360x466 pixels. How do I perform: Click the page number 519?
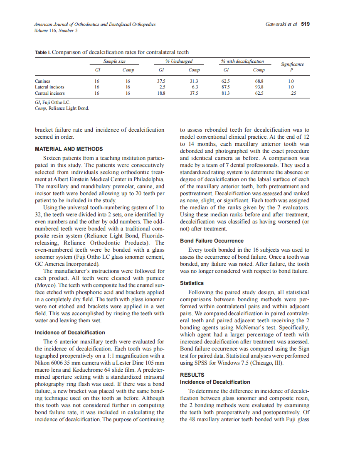click(306, 24)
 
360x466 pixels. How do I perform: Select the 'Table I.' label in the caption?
click(43, 52)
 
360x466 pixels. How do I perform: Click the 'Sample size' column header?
click(114, 61)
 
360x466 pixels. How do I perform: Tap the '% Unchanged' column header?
click(179, 61)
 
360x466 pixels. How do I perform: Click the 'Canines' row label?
click(42, 81)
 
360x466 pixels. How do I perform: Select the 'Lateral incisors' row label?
click(49, 87)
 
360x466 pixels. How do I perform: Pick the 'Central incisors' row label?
click(49, 93)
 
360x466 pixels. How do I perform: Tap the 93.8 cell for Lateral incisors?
click(259, 87)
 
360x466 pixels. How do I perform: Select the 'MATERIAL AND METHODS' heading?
click(69, 149)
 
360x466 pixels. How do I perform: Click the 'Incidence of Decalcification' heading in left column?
click(70, 333)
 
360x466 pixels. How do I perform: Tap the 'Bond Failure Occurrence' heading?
click(212, 241)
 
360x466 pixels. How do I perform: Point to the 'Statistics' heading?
click(192, 283)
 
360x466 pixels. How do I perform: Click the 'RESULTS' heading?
click(192, 375)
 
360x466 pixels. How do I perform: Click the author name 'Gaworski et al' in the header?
click(281, 24)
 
